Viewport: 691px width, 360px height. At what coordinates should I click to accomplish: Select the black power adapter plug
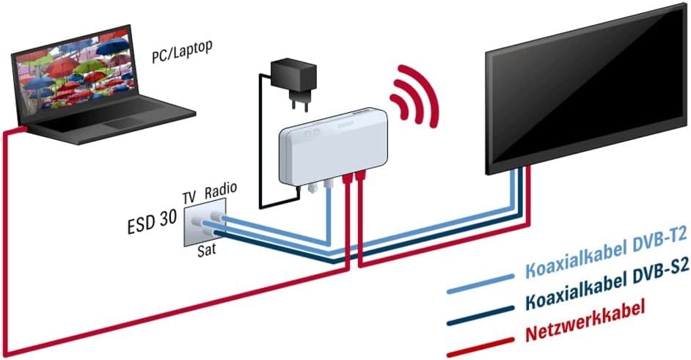[x=293, y=78]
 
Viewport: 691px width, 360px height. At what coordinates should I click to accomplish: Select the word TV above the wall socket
[x=189, y=196]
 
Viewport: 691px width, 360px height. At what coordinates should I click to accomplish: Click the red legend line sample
[x=480, y=345]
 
